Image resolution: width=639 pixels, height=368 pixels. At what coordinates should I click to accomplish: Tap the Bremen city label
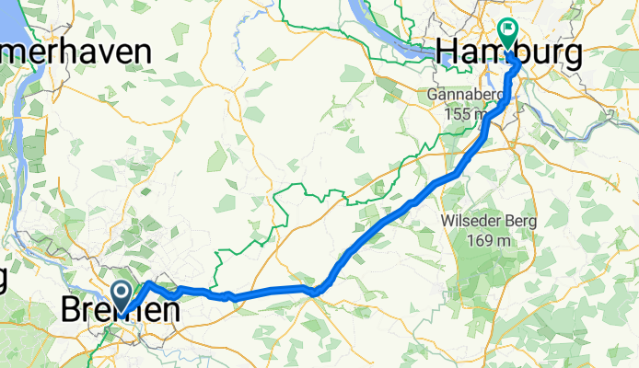pos(120,311)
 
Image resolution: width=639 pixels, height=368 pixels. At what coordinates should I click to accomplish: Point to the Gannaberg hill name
pos(465,95)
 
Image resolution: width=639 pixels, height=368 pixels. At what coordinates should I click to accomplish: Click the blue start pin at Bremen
pos(121,293)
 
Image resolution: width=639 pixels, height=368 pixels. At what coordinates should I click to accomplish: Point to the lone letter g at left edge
pos(4,276)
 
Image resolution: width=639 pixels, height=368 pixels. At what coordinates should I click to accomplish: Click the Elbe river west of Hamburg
pos(387,37)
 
